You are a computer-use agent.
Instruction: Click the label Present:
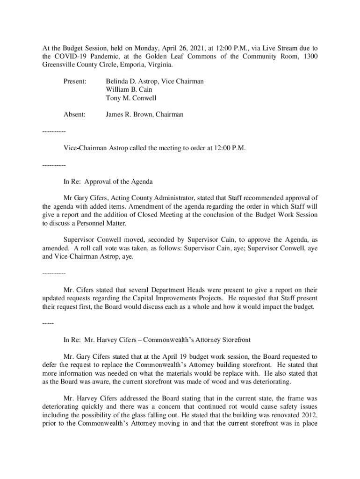75,81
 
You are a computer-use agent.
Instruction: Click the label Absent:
74,114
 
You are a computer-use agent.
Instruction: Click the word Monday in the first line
147,48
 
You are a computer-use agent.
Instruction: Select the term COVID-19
70,57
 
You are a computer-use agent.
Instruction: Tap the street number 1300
310,57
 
